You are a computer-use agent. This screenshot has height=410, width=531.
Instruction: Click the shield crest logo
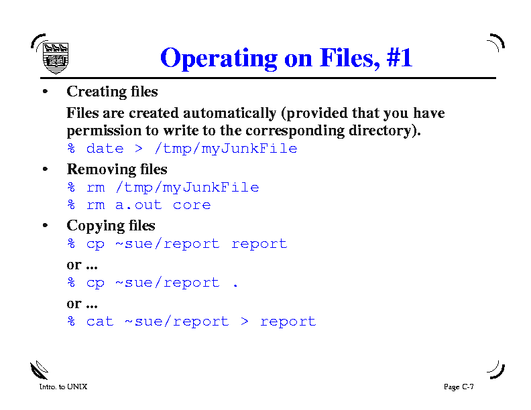tap(56, 58)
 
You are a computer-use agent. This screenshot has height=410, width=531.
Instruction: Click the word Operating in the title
tap(219, 58)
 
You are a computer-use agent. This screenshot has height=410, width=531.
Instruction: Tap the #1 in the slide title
tap(400, 57)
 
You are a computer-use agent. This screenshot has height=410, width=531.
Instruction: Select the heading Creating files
tap(112, 92)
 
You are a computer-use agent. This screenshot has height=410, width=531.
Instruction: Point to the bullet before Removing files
tap(46, 169)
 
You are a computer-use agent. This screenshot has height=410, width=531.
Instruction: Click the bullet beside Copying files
tap(46, 225)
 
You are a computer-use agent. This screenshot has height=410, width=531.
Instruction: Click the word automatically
tap(229, 114)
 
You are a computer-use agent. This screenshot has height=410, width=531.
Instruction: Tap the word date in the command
tap(105, 149)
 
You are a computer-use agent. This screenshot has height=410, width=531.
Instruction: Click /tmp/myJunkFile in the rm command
tap(187, 188)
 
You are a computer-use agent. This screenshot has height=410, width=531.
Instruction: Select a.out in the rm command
tap(139, 205)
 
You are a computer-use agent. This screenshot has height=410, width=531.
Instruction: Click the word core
tap(192, 206)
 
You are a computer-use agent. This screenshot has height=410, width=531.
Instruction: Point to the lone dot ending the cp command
tap(235, 286)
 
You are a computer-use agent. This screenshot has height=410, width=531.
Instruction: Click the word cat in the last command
tap(100, 322)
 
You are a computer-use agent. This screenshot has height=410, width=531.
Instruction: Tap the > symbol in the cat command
tap(245, 322)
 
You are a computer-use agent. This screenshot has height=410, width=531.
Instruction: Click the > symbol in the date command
tap(139, 148)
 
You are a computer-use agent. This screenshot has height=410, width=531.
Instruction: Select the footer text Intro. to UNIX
tap(63, 387)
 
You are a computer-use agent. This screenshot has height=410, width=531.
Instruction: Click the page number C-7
tap(468, 387)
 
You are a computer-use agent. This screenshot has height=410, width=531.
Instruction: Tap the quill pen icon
tap(40, 370)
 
